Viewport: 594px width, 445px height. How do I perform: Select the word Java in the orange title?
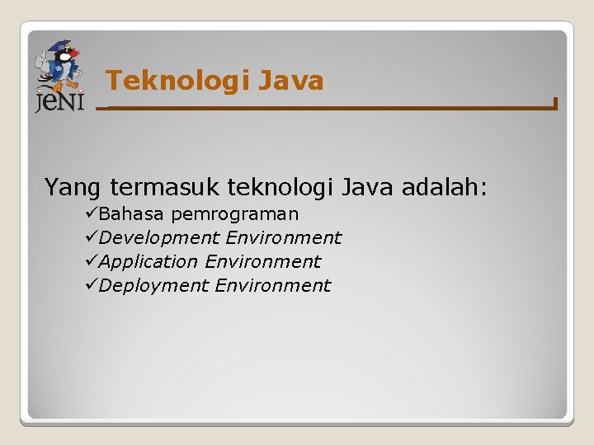click(x=290, y=81)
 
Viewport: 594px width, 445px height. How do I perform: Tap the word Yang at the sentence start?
click(x=74, y=188)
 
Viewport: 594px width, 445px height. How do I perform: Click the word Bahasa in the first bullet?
click(x=132, y=214)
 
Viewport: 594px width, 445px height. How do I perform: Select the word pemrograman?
click(x=234, y=214)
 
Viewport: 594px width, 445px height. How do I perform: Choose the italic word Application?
click(x=148, y=262)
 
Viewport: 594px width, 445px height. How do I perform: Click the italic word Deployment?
click(x=153, y=286)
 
